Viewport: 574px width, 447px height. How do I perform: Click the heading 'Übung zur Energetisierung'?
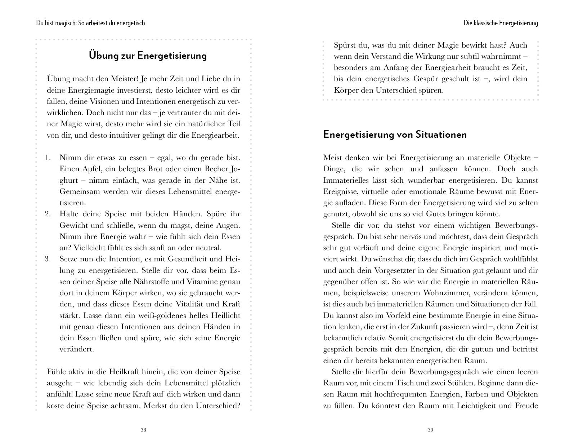(x=148, y=56)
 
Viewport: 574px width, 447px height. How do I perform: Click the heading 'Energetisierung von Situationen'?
(x=395, y=134)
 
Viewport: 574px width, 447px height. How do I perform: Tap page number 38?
(x=143, y=430)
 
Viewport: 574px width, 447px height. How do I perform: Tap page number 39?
(x=430, y=430)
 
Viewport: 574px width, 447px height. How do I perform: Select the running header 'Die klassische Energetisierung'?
(x=501, y=23)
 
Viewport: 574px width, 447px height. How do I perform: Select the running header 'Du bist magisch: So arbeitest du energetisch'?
(x=90, y=23)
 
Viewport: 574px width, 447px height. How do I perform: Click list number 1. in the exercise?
(x=48, y=158)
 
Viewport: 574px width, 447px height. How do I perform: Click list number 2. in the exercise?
(x=48, y=214)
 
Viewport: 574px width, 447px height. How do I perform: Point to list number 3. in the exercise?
(x=48, y=259)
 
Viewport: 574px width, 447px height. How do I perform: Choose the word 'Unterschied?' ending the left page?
(x=218, y=406)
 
